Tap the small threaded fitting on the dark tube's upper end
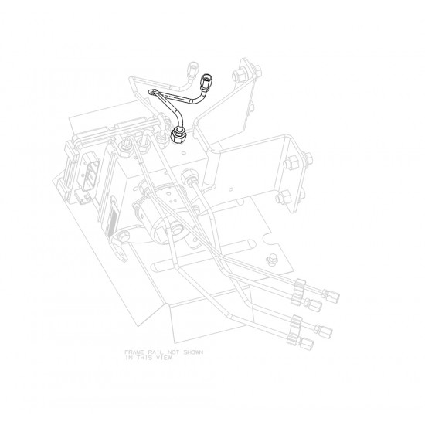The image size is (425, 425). (x=207, y=80)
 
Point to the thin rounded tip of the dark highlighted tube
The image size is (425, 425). (x=152, y=91)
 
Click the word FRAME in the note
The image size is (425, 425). (x=133, y=352)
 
